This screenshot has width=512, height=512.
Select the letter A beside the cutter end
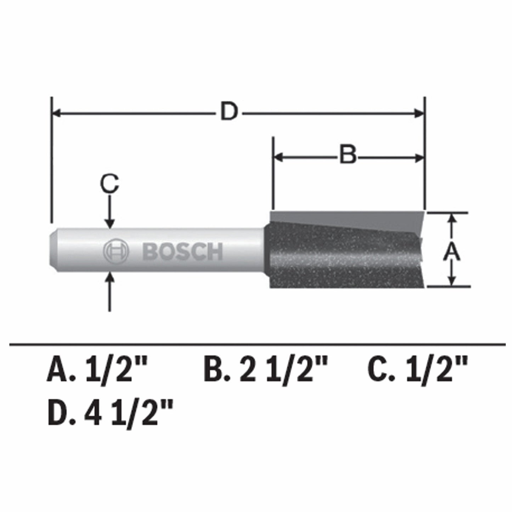click(x=452, y=252)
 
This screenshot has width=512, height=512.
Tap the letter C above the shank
click(x=109, y=184)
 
